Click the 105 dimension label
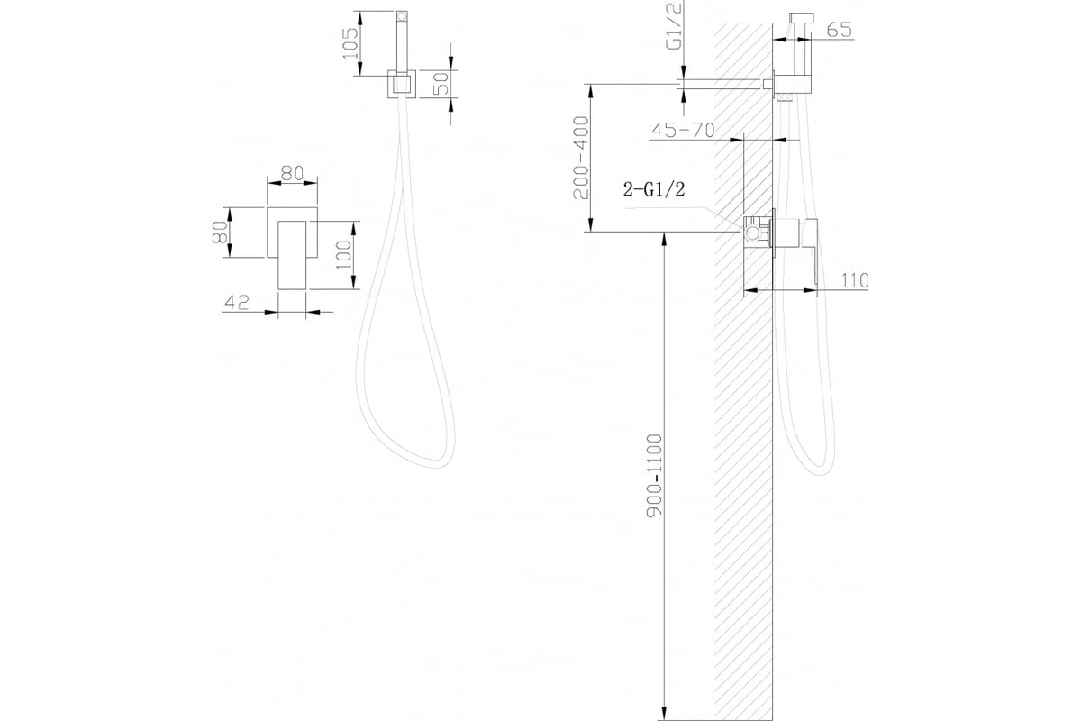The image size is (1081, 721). tap(350, 43)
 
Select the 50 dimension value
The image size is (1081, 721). tap(441, 83)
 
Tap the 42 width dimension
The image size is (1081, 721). tap(237, 303)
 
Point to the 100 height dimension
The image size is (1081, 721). tap(344, 255)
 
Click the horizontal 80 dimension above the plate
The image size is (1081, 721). tap(293, 173)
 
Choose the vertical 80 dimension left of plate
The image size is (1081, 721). tap(219, 233)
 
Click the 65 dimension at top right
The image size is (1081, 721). tap(840, 30)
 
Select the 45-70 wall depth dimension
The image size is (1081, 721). tap(683, 130)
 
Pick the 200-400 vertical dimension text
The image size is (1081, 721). tap(581, 158)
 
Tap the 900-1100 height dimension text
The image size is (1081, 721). tap(654, 476)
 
